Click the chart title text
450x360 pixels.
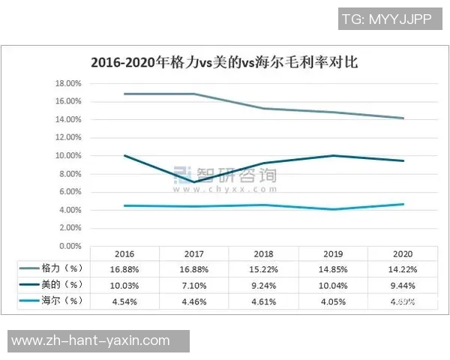[223, 63]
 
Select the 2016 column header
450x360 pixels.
[124, 255]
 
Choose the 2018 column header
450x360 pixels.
[264, 255]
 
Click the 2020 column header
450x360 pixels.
[403, 255]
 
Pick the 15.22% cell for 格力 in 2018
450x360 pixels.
[264, 268]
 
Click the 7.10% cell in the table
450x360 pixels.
[194, 285]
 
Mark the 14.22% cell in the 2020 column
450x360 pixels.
[403, 268]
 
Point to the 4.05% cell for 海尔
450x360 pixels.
[334, 301]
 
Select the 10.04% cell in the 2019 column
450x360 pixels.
[334, 285]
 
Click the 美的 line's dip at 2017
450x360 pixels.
[194, 182]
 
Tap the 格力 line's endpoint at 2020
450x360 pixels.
[403, 118]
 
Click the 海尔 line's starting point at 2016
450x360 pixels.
[124, 205]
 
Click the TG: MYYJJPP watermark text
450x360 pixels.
[386, 19]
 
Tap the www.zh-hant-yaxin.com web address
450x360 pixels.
[91, 340]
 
